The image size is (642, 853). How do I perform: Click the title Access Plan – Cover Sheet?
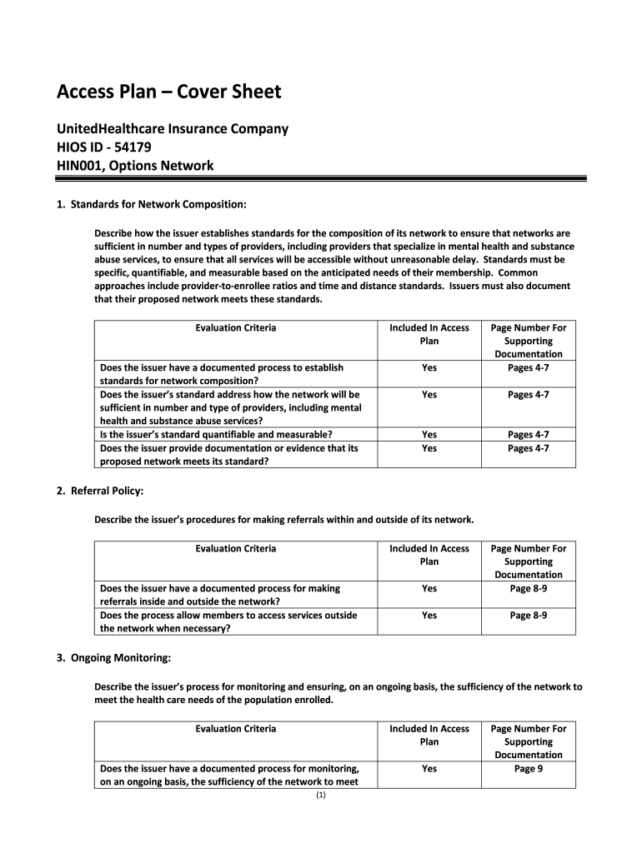tap(168, 92)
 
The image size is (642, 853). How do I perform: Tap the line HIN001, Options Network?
tap(134, 165)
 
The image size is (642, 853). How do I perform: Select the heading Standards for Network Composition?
tap(158, 203)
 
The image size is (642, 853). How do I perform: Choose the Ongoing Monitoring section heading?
tap(120, 658)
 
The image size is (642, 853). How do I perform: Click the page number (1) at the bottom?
tap(321, 796)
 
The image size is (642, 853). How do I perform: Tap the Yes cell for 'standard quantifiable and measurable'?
tap(429, 434)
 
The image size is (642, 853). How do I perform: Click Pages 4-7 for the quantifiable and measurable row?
tap(528, 434)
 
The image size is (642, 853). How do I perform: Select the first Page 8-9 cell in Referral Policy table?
tap(528, 588)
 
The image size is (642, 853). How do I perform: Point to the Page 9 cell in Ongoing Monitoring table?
tap(528, 768)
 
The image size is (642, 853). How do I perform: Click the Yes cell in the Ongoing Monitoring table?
tap(429, 768)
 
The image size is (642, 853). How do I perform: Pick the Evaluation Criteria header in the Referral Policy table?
tap(235, 548)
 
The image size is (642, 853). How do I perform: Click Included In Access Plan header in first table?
tap(429, 334)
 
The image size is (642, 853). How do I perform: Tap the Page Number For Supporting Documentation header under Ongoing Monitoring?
tap(528, 741)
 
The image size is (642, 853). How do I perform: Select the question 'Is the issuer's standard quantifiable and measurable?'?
tap(216, 434)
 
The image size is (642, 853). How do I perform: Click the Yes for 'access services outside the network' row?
tap(429, 615)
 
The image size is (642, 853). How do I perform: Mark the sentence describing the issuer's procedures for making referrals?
tap(283, 520)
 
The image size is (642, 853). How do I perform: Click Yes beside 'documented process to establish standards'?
tap(429, 367)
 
